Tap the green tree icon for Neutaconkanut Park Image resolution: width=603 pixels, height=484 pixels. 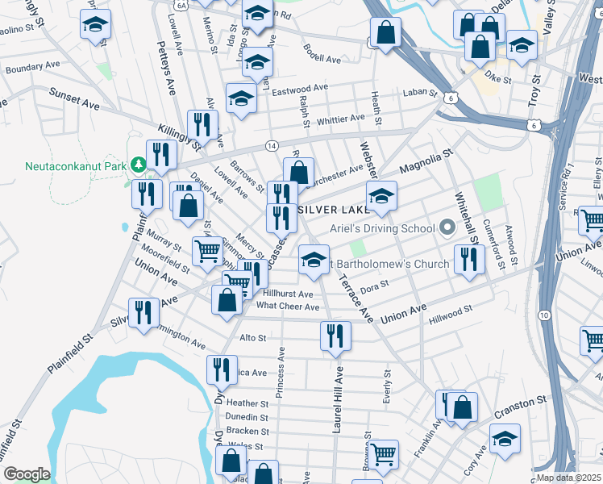[x=138, y=165]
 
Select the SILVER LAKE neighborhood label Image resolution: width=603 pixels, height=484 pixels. [x=332, y=208]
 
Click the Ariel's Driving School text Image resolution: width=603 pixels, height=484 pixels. [x=382, y=228]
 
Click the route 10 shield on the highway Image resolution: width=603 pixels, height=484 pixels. [x=545, y=314]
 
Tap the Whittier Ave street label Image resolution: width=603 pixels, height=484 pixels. [x=341, y=119]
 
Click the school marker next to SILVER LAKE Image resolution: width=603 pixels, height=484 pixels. [x=381, y=196]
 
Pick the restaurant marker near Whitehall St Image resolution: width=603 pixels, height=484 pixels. [x=467, y=259]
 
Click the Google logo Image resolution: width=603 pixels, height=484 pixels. [x=27, y=474]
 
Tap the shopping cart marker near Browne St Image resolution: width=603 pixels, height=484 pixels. [x=383, y=454]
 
